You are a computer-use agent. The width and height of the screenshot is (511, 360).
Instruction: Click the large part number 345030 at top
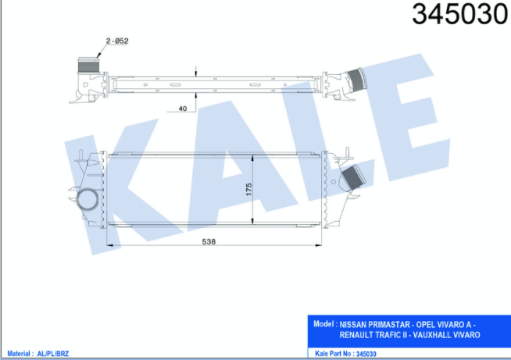coord(460,14)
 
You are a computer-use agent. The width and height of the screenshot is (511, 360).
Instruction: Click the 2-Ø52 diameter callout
coord(117,41)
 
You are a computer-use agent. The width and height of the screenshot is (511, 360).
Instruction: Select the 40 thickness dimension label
coord(183,109)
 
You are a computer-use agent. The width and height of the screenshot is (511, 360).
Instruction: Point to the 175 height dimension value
coord(249,189)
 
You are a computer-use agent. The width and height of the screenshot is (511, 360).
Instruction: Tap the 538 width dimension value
coord(209,242)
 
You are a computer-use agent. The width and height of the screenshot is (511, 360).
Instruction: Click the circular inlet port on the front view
coord(88,199)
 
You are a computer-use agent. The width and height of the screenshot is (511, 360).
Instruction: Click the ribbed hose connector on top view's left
coord(88,66)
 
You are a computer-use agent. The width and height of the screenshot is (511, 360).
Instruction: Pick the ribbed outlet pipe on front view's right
coord(352,177)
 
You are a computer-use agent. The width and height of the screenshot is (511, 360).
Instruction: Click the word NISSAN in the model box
coord(353,325)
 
